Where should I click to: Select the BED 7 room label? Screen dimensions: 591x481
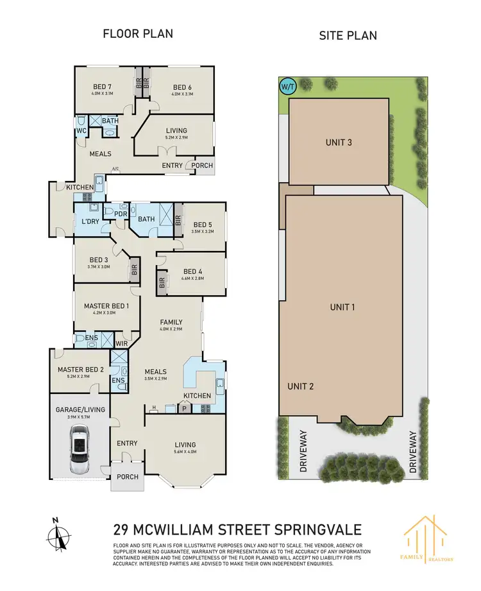[102, 87]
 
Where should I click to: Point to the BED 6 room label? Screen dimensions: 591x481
[182, 87]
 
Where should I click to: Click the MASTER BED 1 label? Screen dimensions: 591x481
[106, 307]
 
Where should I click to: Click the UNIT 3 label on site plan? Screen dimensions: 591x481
[339, 142]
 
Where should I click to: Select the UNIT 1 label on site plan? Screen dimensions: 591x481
[342, 307]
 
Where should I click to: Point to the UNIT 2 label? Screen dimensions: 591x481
[301, 386]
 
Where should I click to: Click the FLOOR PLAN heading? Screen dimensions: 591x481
[138, 34]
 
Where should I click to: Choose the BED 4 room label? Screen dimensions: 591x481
[193, 271]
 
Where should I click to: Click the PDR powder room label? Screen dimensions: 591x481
[120, 214]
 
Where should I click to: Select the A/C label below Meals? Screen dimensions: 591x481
[116, 169]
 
